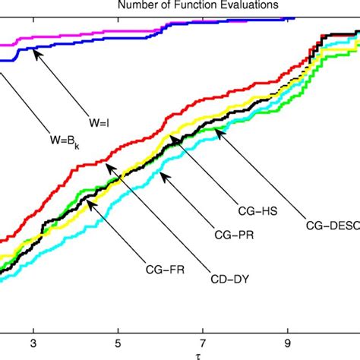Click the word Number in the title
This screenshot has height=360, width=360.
tap(134, 6)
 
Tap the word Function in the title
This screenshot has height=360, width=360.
tap(182, 6)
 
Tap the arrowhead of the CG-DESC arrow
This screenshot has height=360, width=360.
tap(216, 131)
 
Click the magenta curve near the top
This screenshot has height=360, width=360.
tap(76, 33)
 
